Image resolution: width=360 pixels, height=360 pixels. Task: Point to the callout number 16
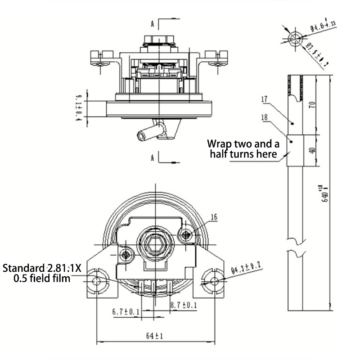point(214,217)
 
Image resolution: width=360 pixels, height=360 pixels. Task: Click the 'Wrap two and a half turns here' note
point(243,149)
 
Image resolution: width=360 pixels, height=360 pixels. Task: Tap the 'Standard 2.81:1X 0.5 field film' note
point(42,273)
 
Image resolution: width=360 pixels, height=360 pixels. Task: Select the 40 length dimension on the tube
point(312,150)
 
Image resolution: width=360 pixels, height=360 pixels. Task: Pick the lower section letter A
point(153,157)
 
